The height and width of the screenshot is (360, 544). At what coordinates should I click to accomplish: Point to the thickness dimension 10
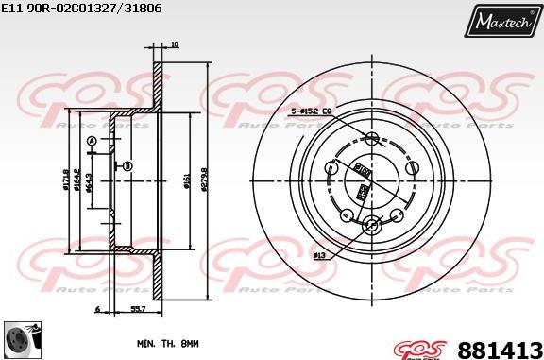[x=174, y=44]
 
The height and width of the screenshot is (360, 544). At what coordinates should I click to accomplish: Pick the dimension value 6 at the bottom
[x=97, y=309]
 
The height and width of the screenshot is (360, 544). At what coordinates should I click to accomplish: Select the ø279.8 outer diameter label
[x=205, y=180]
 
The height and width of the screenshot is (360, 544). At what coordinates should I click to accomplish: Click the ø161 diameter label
[x=187, y=180]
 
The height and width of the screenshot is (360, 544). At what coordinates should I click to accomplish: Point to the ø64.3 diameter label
[x=89, y=180]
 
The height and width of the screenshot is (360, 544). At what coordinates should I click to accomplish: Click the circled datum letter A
[x=92, y=143]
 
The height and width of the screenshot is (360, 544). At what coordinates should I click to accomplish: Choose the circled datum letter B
[x=127, y=166]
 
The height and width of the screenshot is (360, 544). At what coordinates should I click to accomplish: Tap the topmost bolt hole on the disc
[x=371, y=138]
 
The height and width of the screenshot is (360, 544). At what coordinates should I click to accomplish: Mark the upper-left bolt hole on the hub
[x=331, y=168]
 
